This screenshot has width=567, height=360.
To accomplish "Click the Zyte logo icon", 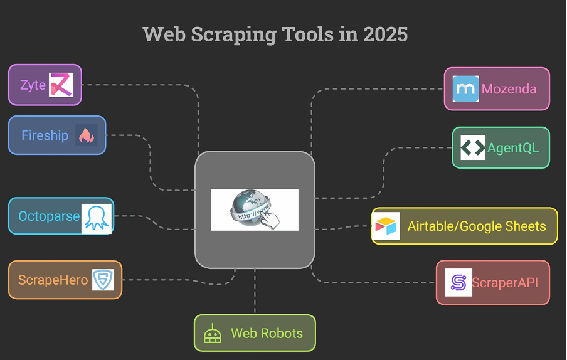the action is [x=61, y=85].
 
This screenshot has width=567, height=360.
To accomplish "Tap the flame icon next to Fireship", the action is [x=86, y=135].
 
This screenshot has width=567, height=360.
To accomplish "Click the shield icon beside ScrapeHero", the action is [x=103, y=280].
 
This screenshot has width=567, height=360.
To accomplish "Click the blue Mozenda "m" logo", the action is [x=465, y=89].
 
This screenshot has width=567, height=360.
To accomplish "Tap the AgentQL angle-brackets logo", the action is [x=473, y=148].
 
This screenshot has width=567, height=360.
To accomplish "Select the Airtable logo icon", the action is [x=386, y=226].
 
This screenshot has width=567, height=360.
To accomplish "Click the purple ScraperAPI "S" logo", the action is [x=458, y=282].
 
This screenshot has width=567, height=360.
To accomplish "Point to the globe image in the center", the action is [x=255, y=209].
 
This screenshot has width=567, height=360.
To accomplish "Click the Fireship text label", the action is [x=45, y=135].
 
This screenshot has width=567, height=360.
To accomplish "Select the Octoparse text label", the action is [x=49, y=216].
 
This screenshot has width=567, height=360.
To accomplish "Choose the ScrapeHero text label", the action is [x=53, y=280].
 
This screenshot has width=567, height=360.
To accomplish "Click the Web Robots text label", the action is [x=267, y=333].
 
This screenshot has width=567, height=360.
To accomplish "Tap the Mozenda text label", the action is [x=509, y=89].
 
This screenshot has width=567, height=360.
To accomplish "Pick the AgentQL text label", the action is [x=513, y=148].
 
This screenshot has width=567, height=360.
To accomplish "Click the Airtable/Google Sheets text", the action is [x=477, y=226].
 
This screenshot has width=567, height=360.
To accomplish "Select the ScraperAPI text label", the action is [x=505, y=282].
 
